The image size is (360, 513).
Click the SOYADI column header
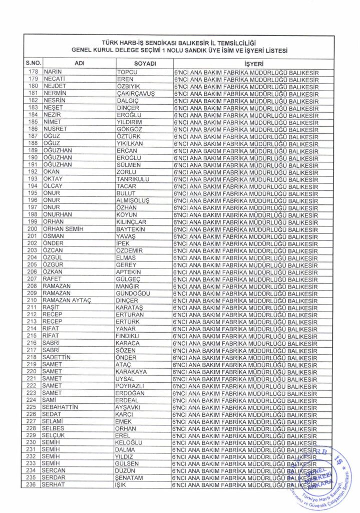click(145, 64)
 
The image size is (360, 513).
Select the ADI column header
click(79, 64)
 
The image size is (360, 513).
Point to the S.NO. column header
click(33, 64)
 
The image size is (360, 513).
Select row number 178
click(33, 72)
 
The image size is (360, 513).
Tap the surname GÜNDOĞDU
click(133, 293)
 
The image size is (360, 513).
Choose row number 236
click(33, 485)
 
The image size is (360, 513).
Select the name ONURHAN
click(58, 214)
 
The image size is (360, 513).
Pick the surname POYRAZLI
click(130, 386)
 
